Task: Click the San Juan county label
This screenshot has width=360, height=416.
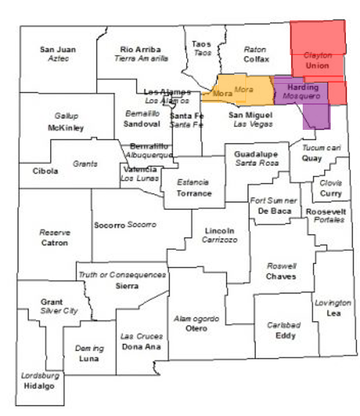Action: click(58, 49)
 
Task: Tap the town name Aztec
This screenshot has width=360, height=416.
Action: click(58, 58)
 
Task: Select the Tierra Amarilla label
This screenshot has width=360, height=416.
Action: click(142, 58)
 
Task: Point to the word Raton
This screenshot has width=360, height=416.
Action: click(256, 49)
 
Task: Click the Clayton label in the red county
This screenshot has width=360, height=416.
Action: click(318, 56)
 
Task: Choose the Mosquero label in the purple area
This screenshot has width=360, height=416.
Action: click(302, 97)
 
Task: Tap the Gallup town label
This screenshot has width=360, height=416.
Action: click(66, 116)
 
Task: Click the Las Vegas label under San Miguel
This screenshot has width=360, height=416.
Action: click(250, 124)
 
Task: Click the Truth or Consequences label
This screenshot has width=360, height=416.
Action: click(122, 275)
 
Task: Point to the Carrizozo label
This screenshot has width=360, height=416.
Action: click(219, 240)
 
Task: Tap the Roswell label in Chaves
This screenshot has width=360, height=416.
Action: click(282, 266)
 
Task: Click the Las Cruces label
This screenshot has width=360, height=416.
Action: click(142, 336)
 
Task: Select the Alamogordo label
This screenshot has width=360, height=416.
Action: click(196, 319)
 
